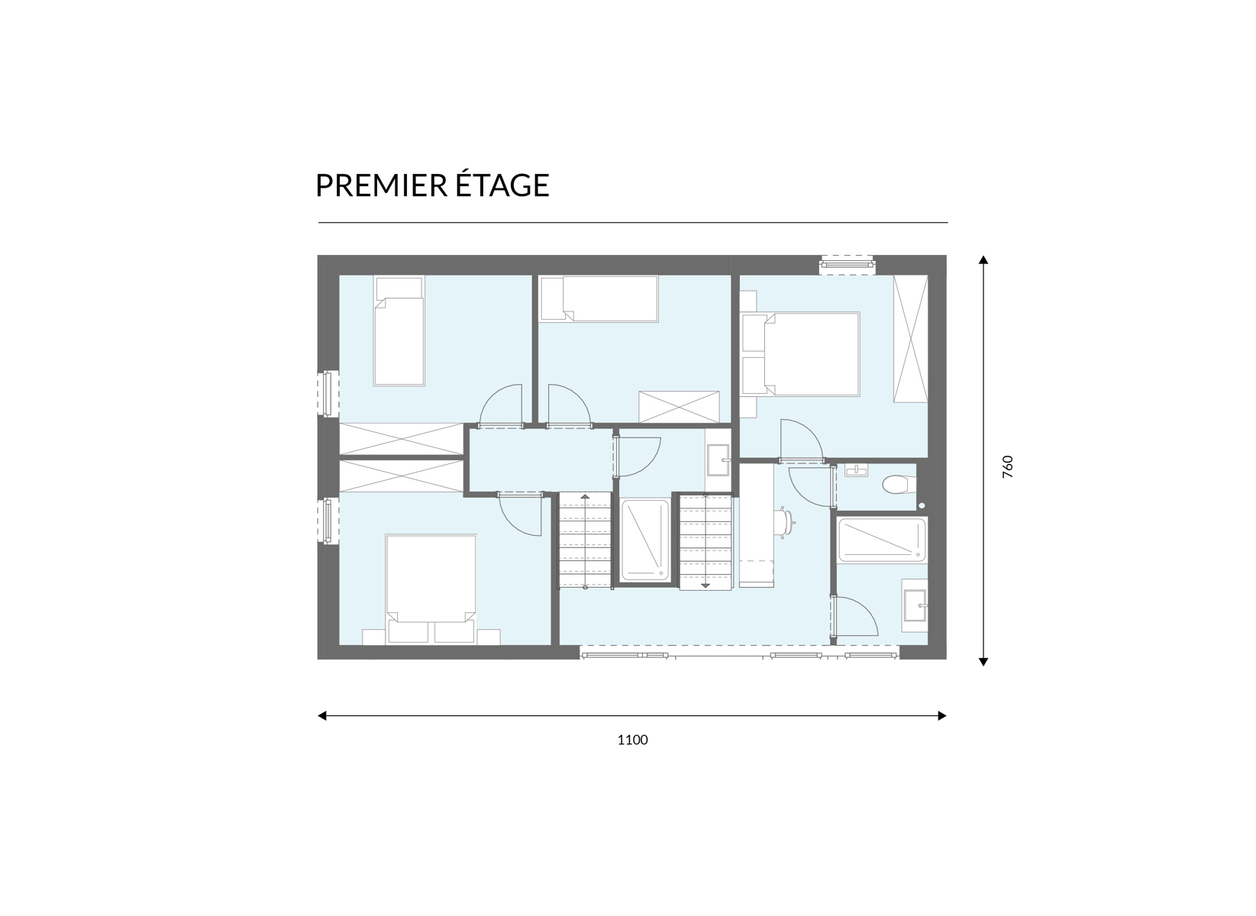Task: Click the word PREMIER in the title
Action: point(381,185)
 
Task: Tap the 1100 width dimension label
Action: point(632,740)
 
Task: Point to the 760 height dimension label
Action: point(1008,466)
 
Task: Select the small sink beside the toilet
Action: point(857,470)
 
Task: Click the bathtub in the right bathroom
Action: point(881,539)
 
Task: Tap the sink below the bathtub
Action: point(915,605)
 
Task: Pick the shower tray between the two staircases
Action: point(645,540)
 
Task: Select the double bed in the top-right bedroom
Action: point(800,354)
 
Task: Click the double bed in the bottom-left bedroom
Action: point(431,588)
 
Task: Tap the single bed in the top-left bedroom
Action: point(399,331)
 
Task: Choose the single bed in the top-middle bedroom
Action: point(599,298)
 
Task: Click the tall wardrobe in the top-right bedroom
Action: point(911,339)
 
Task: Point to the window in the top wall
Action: point(848,264)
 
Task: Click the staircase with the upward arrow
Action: point(585,541)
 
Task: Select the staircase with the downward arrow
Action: point(705,541)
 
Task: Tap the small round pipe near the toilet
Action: point(922,505)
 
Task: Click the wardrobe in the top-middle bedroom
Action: point(679,407)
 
